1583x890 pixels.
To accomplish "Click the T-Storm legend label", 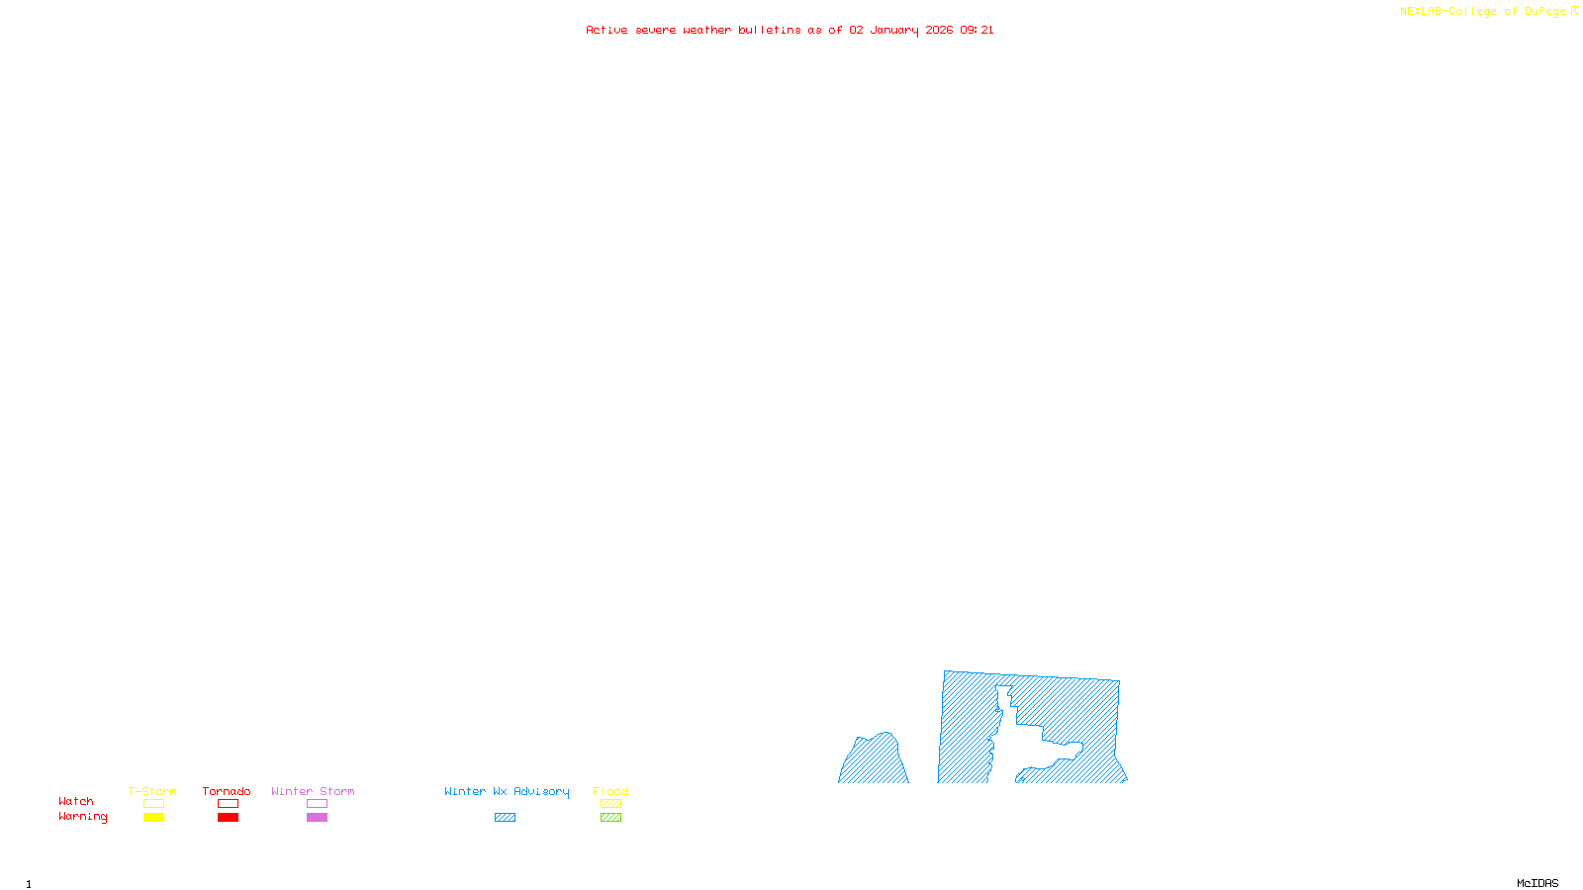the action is [152, 791].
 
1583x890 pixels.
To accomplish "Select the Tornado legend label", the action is [227, 791].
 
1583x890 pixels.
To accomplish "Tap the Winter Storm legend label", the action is [313, 791].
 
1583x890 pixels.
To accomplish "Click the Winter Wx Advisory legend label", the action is [507, 791].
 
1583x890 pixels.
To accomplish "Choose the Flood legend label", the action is [610, 791].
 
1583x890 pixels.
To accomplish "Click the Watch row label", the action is [76, 801].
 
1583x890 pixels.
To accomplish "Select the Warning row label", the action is [83, 817].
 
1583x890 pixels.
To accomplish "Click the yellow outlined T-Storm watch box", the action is [153, 804].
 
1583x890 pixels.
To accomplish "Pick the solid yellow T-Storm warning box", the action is [153, 818].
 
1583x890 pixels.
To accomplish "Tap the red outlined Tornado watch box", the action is [228, 804].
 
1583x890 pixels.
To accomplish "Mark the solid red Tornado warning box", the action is [228, 818].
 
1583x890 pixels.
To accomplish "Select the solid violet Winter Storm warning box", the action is [317, 818].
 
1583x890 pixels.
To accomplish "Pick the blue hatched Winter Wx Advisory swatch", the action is [505, 818].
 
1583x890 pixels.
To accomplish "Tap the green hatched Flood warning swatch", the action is [610, 818].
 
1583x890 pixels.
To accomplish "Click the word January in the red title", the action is [894, 30].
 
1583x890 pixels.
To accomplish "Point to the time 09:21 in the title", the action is [977, 30].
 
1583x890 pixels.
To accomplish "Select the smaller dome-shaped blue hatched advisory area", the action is [874, 761].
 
